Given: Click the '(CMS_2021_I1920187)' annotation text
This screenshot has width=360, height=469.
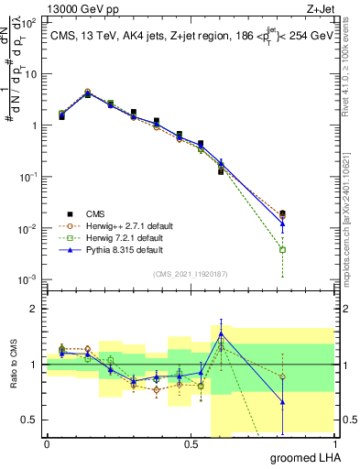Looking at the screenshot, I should click(190, 274).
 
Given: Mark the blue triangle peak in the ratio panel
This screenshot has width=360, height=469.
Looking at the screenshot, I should click(220, 333).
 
